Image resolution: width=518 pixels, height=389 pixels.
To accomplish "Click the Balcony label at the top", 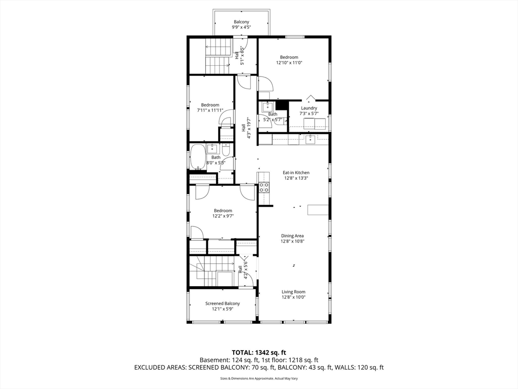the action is pos(241,22).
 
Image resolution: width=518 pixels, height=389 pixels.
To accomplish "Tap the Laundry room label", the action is pos(309,108).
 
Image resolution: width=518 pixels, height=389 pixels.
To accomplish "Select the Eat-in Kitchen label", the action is pos(296,173).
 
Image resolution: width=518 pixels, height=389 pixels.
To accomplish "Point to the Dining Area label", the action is pos(292,236).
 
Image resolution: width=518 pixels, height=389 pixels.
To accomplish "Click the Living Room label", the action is pos(293,292).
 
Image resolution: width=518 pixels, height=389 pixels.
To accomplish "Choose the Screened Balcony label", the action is pos(223,304).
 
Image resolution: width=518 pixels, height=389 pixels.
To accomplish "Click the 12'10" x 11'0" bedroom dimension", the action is pos(289,62).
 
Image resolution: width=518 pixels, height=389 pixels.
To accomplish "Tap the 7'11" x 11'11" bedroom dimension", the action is pos(210,110).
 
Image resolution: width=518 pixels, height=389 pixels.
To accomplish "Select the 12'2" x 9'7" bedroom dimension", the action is pos(223,216).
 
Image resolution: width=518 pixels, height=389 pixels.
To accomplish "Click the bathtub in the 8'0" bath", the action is pos(198,157).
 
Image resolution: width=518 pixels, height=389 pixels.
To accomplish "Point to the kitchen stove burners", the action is pos(264,187).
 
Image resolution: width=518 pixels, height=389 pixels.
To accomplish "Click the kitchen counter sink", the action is pos(310,140).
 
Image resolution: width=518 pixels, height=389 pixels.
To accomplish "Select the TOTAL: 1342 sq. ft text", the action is pos(258,353).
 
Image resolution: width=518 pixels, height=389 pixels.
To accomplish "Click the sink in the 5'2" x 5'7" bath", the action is pos(266,107).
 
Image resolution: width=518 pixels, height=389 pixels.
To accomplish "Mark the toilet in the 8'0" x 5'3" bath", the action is pos(226,149).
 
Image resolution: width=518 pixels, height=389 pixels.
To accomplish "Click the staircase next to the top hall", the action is pos(218,56).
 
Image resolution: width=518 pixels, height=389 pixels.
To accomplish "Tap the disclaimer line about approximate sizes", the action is pos(259,378).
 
